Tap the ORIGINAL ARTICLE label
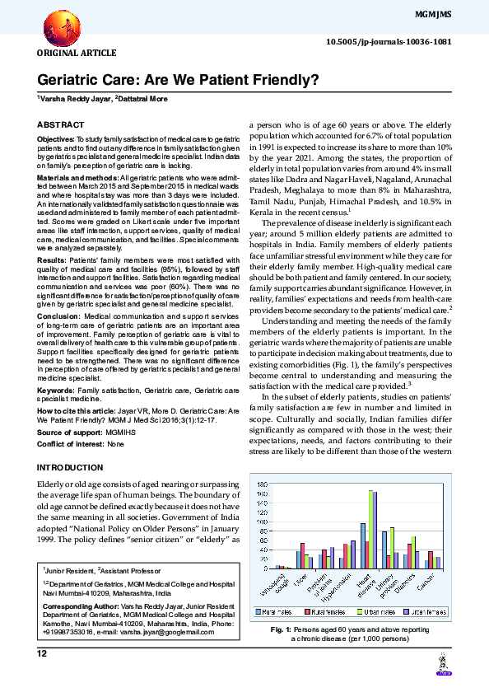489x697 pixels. [x=65, y=53]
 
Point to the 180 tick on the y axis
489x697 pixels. [x=263, y=484]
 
